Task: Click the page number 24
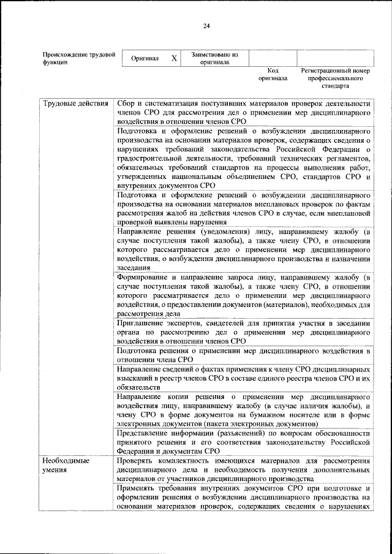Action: (206, 25)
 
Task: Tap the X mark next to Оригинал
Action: (174, 58)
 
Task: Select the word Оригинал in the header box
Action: (145, 59)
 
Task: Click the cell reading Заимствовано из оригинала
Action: (214, 58)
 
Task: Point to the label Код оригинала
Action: (273, 75)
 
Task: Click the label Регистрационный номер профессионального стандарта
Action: (336, 78)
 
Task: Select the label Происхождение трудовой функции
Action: (78, 58)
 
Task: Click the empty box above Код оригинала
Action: (273, 58)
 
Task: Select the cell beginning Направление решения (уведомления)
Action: (243, 249)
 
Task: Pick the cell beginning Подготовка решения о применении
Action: (243, 355)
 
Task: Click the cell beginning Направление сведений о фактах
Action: (243, 379)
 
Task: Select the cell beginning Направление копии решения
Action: (243, 411)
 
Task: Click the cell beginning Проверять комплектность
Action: (243, 469)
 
